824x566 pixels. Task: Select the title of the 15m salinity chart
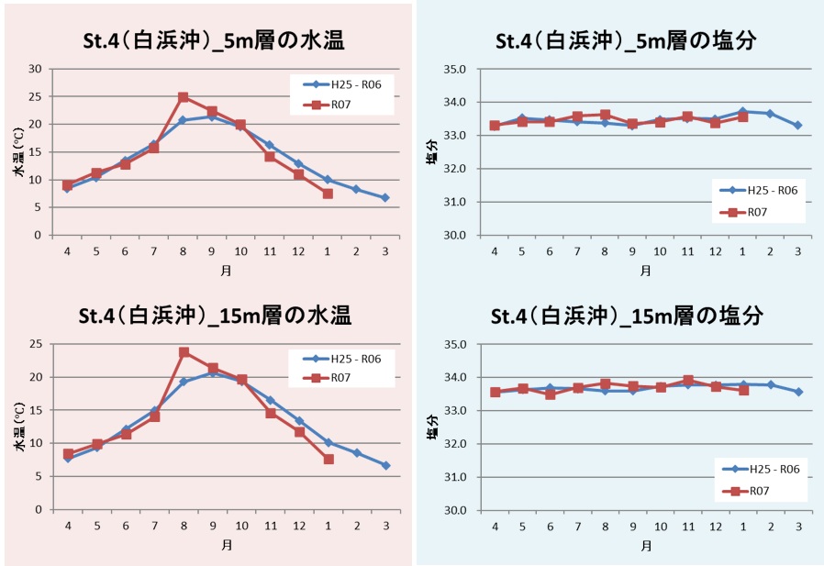pyautogui.click(x=629, y=316)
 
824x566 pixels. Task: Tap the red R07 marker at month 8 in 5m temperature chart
pyautogui.click(x=183, y=97)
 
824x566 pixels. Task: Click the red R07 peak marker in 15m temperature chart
pyautogui.click(x=184, y=352)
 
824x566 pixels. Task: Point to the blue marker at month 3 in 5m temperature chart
pyautogui.click(x=384, y=197)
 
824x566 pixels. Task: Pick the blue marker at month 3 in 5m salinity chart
pyautogui.click(x=798, y=125)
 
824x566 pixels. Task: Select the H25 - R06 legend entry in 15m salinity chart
pyautogui.click(x=770, y=468)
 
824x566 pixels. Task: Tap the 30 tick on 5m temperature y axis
pyautogui.click(x=37, y=69)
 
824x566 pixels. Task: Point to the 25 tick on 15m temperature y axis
pyautogui.click(x=37, y=344)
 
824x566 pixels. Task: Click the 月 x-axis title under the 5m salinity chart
pyautogui.click(x=646, y=272)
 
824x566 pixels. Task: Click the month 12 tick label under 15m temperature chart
pyautogui.click(x=298, y=526)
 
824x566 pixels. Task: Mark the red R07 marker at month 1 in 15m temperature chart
pyautogui.click(x=328, y=459)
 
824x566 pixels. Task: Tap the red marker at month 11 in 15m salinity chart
pyautogui.click(x=687, y=380)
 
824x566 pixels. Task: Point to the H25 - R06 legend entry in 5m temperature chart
pyautogui.click(x=350, y=85)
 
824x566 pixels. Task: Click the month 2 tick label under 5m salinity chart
pyautogui.click(x=770, y=250)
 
